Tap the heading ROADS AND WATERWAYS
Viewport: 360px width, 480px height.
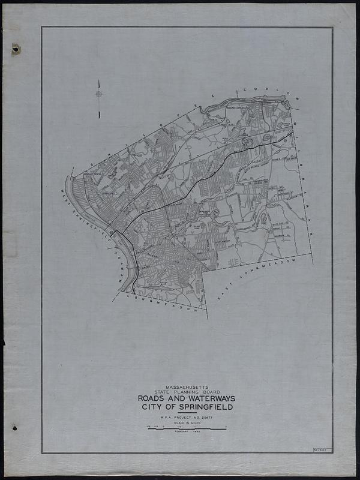pyautogui.click(x=187, y=399)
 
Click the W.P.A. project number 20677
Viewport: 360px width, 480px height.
pyautogui.click(x=187, y=418)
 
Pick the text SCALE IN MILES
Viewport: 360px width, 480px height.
pyautogui.click(x=187, y=424)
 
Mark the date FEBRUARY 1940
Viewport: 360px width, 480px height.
pyautogui.click(x=187, y=433)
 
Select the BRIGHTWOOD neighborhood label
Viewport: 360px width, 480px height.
pyautogui.click(x=93, y=175)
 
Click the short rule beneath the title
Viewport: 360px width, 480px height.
pyautogui.click(x=187, y=413)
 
